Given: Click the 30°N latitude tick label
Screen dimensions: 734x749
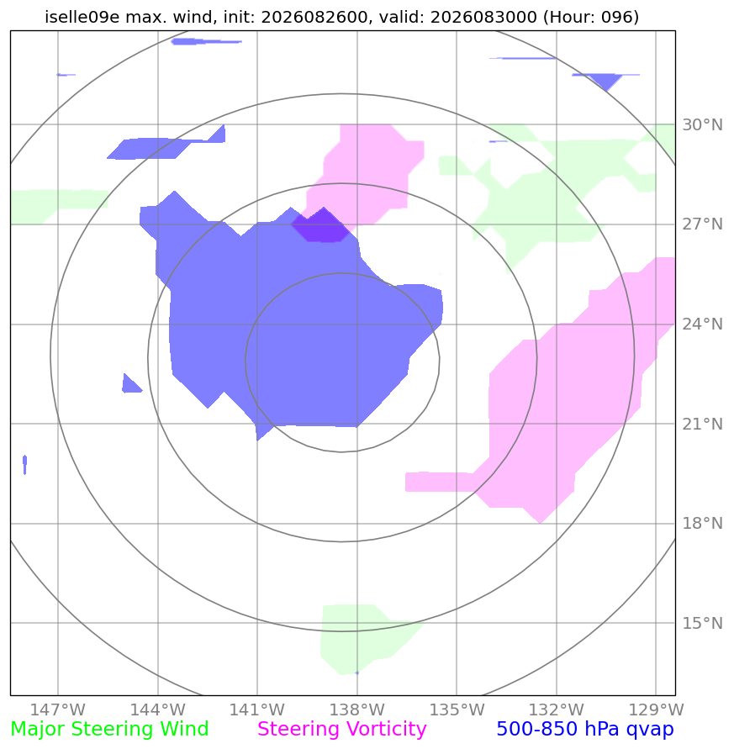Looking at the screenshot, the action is click(x=702, y=125).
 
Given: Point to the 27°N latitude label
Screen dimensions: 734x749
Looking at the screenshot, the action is click(x=702, y=224).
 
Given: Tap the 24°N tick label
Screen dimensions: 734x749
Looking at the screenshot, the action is click(x=702, y=324).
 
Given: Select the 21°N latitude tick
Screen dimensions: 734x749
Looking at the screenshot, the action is click(x=702, y=425).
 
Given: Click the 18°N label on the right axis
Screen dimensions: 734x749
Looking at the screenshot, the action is click(x=702, y=524).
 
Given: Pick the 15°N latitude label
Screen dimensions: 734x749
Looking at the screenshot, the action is click(x=702, y=624).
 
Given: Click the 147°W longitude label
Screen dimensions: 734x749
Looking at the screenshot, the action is click(x=58, y=709).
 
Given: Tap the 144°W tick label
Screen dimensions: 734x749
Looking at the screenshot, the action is click(x=158, y=709).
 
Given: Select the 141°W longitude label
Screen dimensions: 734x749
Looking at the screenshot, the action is click(x=257, y=709).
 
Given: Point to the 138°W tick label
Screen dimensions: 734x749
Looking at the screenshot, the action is click(x=357, y=709).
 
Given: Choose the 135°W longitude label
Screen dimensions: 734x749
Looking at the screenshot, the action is click(x=457, y=709).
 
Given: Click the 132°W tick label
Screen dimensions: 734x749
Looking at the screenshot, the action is click(x=557, y=709).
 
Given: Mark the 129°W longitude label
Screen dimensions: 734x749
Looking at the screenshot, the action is click(x=656, y=709).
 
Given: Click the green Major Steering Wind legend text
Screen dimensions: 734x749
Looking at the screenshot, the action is click(x=109, y=730).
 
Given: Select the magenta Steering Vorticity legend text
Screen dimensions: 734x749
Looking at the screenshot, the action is click(x=341, y=730).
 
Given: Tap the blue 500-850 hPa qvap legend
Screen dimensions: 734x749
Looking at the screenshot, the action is click(x=585, y=730).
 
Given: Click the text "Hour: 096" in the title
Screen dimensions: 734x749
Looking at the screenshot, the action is click(x=590, y=17).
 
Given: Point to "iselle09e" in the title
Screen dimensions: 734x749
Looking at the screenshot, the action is click(x=82, y=17).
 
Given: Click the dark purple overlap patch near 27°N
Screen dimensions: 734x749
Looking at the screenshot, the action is click(x=320, y=226).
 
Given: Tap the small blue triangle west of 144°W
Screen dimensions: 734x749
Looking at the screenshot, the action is click(x=130, y=385).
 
